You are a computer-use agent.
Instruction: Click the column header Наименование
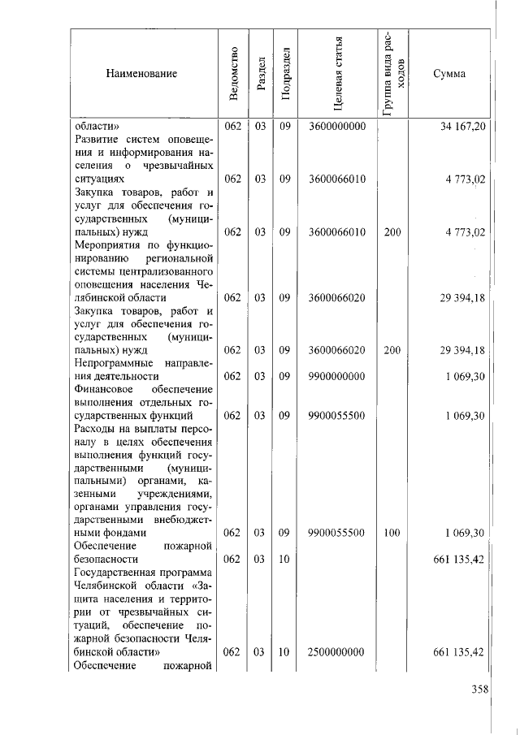[x=141, y=74]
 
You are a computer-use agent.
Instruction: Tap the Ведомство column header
[x=234, y=74]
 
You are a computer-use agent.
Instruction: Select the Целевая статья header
[x=338, y=73]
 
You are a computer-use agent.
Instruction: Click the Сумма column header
[x=448, y=74]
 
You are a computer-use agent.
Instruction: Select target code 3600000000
[x=338, y=127]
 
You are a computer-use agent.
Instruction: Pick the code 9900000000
[x=338, y=376]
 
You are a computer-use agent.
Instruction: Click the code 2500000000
[x=338, y=652]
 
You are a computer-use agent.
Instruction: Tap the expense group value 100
[x=392, y=533]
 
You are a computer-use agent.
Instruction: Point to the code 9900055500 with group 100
[x=338, y=533]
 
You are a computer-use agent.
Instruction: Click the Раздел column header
[x=260, y=74]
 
